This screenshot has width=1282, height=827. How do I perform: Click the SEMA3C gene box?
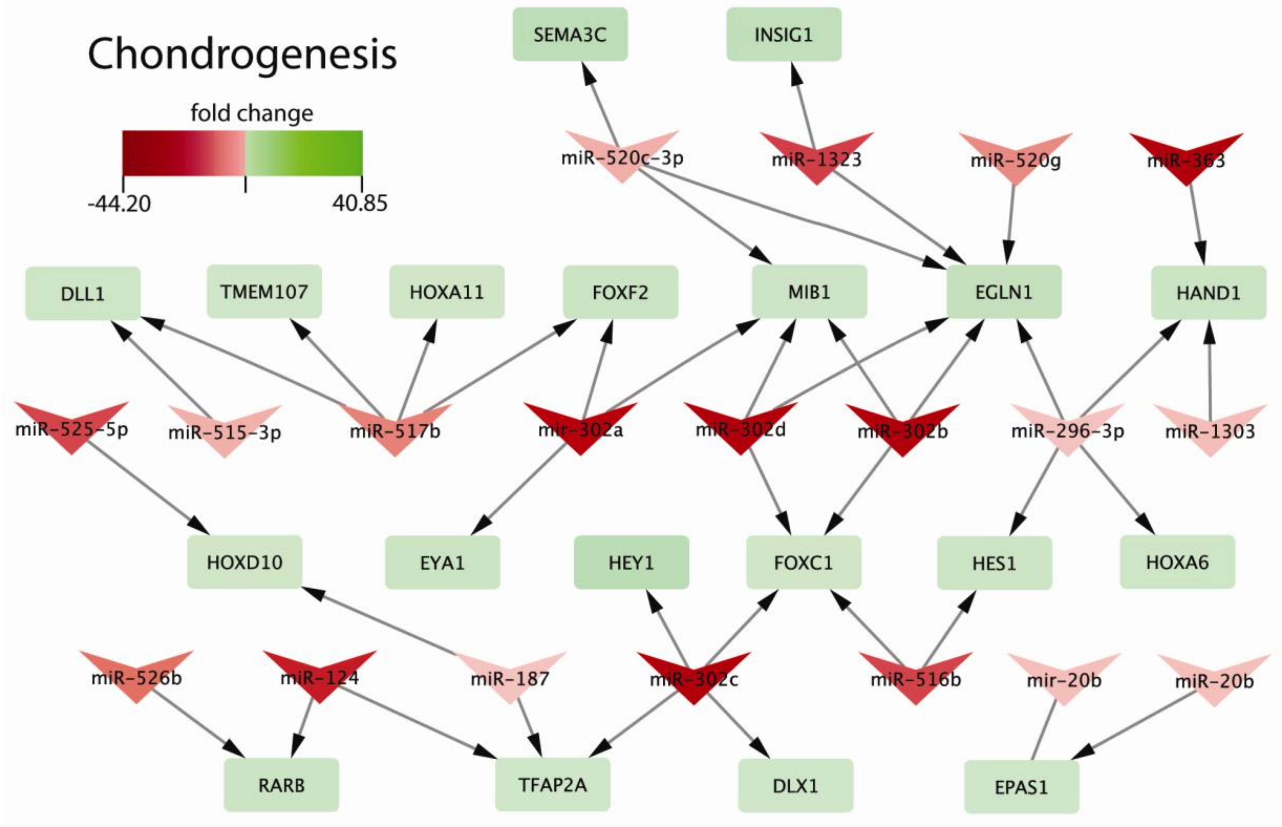click(570, 34)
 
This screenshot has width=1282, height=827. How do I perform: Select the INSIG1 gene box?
click(784, 34)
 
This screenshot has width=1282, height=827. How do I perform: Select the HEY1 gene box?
click(631, 562)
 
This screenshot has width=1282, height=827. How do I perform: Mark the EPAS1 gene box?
click(1021, 787)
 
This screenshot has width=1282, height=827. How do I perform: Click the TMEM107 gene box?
click(264, 292)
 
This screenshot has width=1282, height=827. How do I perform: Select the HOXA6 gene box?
click(1177, 562)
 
